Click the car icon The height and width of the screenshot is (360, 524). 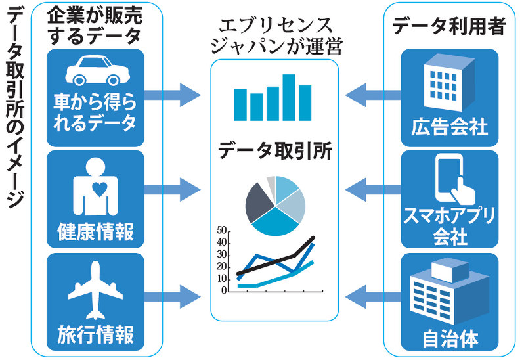tap(95, 71)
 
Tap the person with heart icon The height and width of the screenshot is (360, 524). tap(97, 187)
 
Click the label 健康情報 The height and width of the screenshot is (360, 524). tap(96, 231)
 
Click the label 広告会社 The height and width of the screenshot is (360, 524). tap(450, 126)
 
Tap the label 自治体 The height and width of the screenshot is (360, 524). tap(450, 340)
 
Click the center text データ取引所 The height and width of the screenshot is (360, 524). tap(274, 152)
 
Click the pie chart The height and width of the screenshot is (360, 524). tap(275, 206)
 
